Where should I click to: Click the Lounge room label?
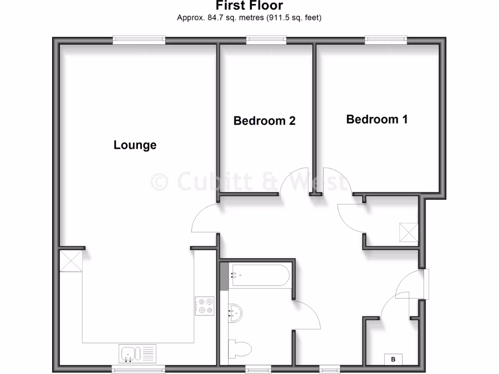[135, 145]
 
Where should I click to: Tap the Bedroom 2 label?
[265, 120]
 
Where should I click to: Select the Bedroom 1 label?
[377, 119]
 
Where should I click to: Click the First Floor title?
[249, 6]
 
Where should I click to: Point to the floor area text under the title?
[249, 18]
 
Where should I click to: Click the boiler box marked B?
[393, 359]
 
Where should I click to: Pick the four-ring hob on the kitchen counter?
[205, 306]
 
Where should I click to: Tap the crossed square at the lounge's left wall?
[71, 261]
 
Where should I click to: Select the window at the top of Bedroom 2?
[266, 40]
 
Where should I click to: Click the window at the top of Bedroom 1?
[386, 40]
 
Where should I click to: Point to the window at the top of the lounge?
[139, 40]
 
